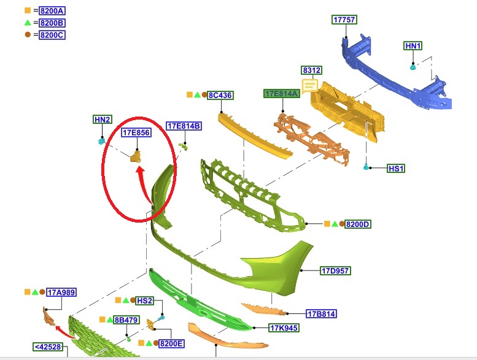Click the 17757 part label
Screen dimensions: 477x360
(x=344, y=20)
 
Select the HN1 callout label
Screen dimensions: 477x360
(x=413, y=46)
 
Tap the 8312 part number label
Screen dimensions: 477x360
(x=311, y=70)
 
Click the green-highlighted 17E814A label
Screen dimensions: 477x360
(x=282, y=94)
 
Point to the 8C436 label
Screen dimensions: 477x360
(x=220, y=96)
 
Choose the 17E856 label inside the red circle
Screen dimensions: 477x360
(x=136, y=132)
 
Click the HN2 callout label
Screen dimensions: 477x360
(x=102, y=120)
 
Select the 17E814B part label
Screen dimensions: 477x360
(x=184, y=126)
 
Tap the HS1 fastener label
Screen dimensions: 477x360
(x=396, y=168)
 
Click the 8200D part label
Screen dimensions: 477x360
(x=358, y=224)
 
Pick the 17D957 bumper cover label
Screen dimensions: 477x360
(x=335, y=270)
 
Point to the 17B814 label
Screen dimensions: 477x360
(x=321, y=314)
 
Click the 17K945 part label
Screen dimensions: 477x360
(x=284, y=327)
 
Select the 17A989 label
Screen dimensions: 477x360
(x=61, y=293)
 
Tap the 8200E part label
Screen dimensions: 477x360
(x=171, y=343)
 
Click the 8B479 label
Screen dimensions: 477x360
(x=126, y=320)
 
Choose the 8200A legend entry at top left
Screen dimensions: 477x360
(x=52, y=11)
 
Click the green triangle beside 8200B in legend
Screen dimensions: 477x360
(x=28, y=23)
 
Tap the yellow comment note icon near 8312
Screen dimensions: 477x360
(x=309, y=85)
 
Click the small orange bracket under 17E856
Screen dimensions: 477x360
(x=136, y=158)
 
